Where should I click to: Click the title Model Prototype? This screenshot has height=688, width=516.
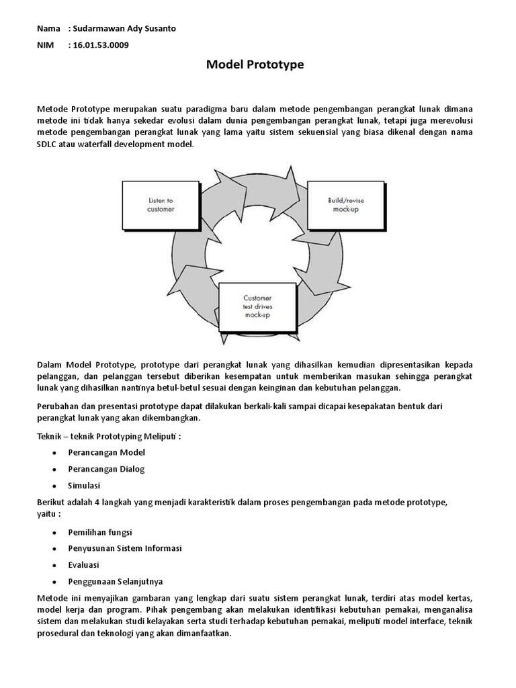(255, 64)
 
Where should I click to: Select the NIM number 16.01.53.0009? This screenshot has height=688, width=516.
(99, 45)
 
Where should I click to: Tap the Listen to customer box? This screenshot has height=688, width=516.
(161, 205)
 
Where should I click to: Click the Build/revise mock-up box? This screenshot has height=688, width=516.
(345, 204)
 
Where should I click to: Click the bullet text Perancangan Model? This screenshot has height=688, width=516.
(106, 452)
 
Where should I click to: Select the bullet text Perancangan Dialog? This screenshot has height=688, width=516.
(106, 469)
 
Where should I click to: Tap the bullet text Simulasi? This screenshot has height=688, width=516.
(84, 485)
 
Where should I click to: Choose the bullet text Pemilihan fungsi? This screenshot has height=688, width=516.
(100, 531)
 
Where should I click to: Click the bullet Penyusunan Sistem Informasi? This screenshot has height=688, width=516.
(125, 548)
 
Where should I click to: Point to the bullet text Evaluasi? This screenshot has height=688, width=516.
(83, 565)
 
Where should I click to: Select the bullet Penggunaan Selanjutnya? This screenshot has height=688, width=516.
(115, 581)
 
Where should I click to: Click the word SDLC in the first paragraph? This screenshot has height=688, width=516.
(48, 144)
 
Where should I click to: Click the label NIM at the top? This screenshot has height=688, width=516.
(45, 45)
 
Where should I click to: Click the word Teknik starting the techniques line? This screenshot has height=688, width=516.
(50, 436)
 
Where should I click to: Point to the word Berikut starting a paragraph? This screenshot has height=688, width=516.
(52, 502)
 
